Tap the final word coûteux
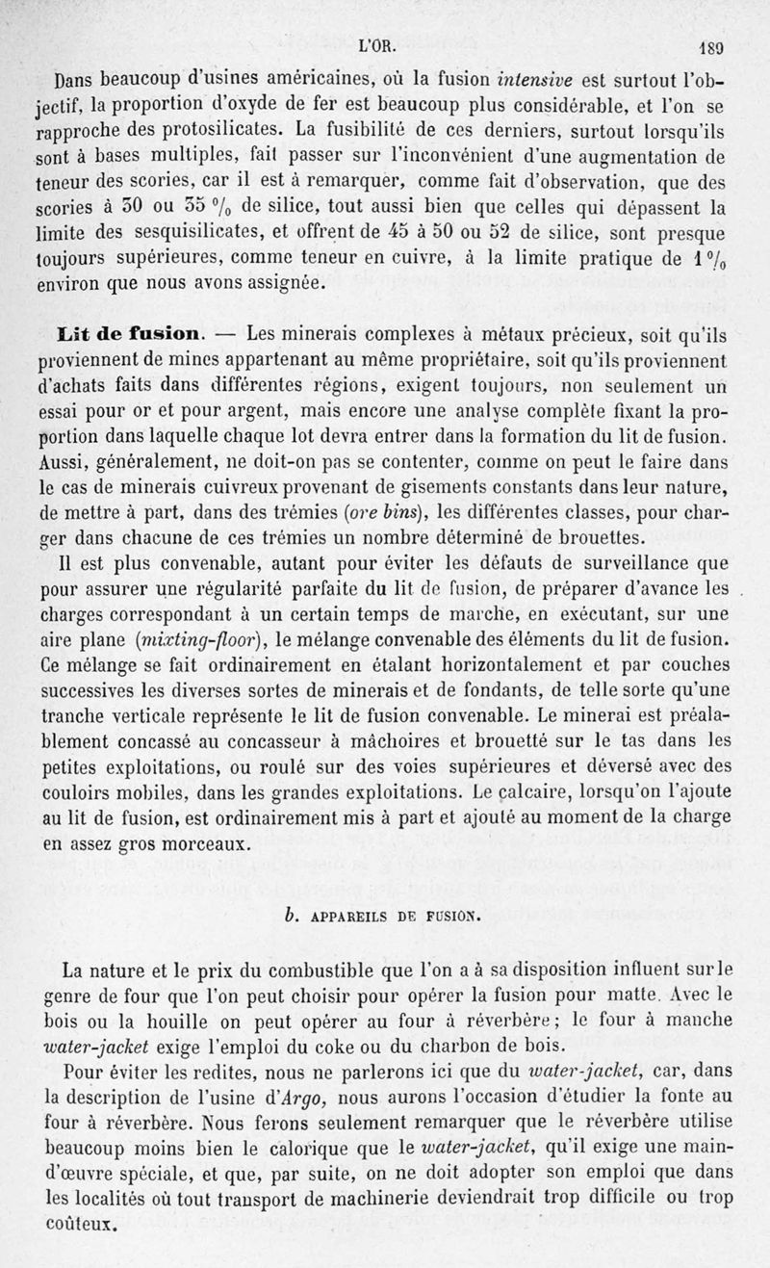[x=82, y=1226]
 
